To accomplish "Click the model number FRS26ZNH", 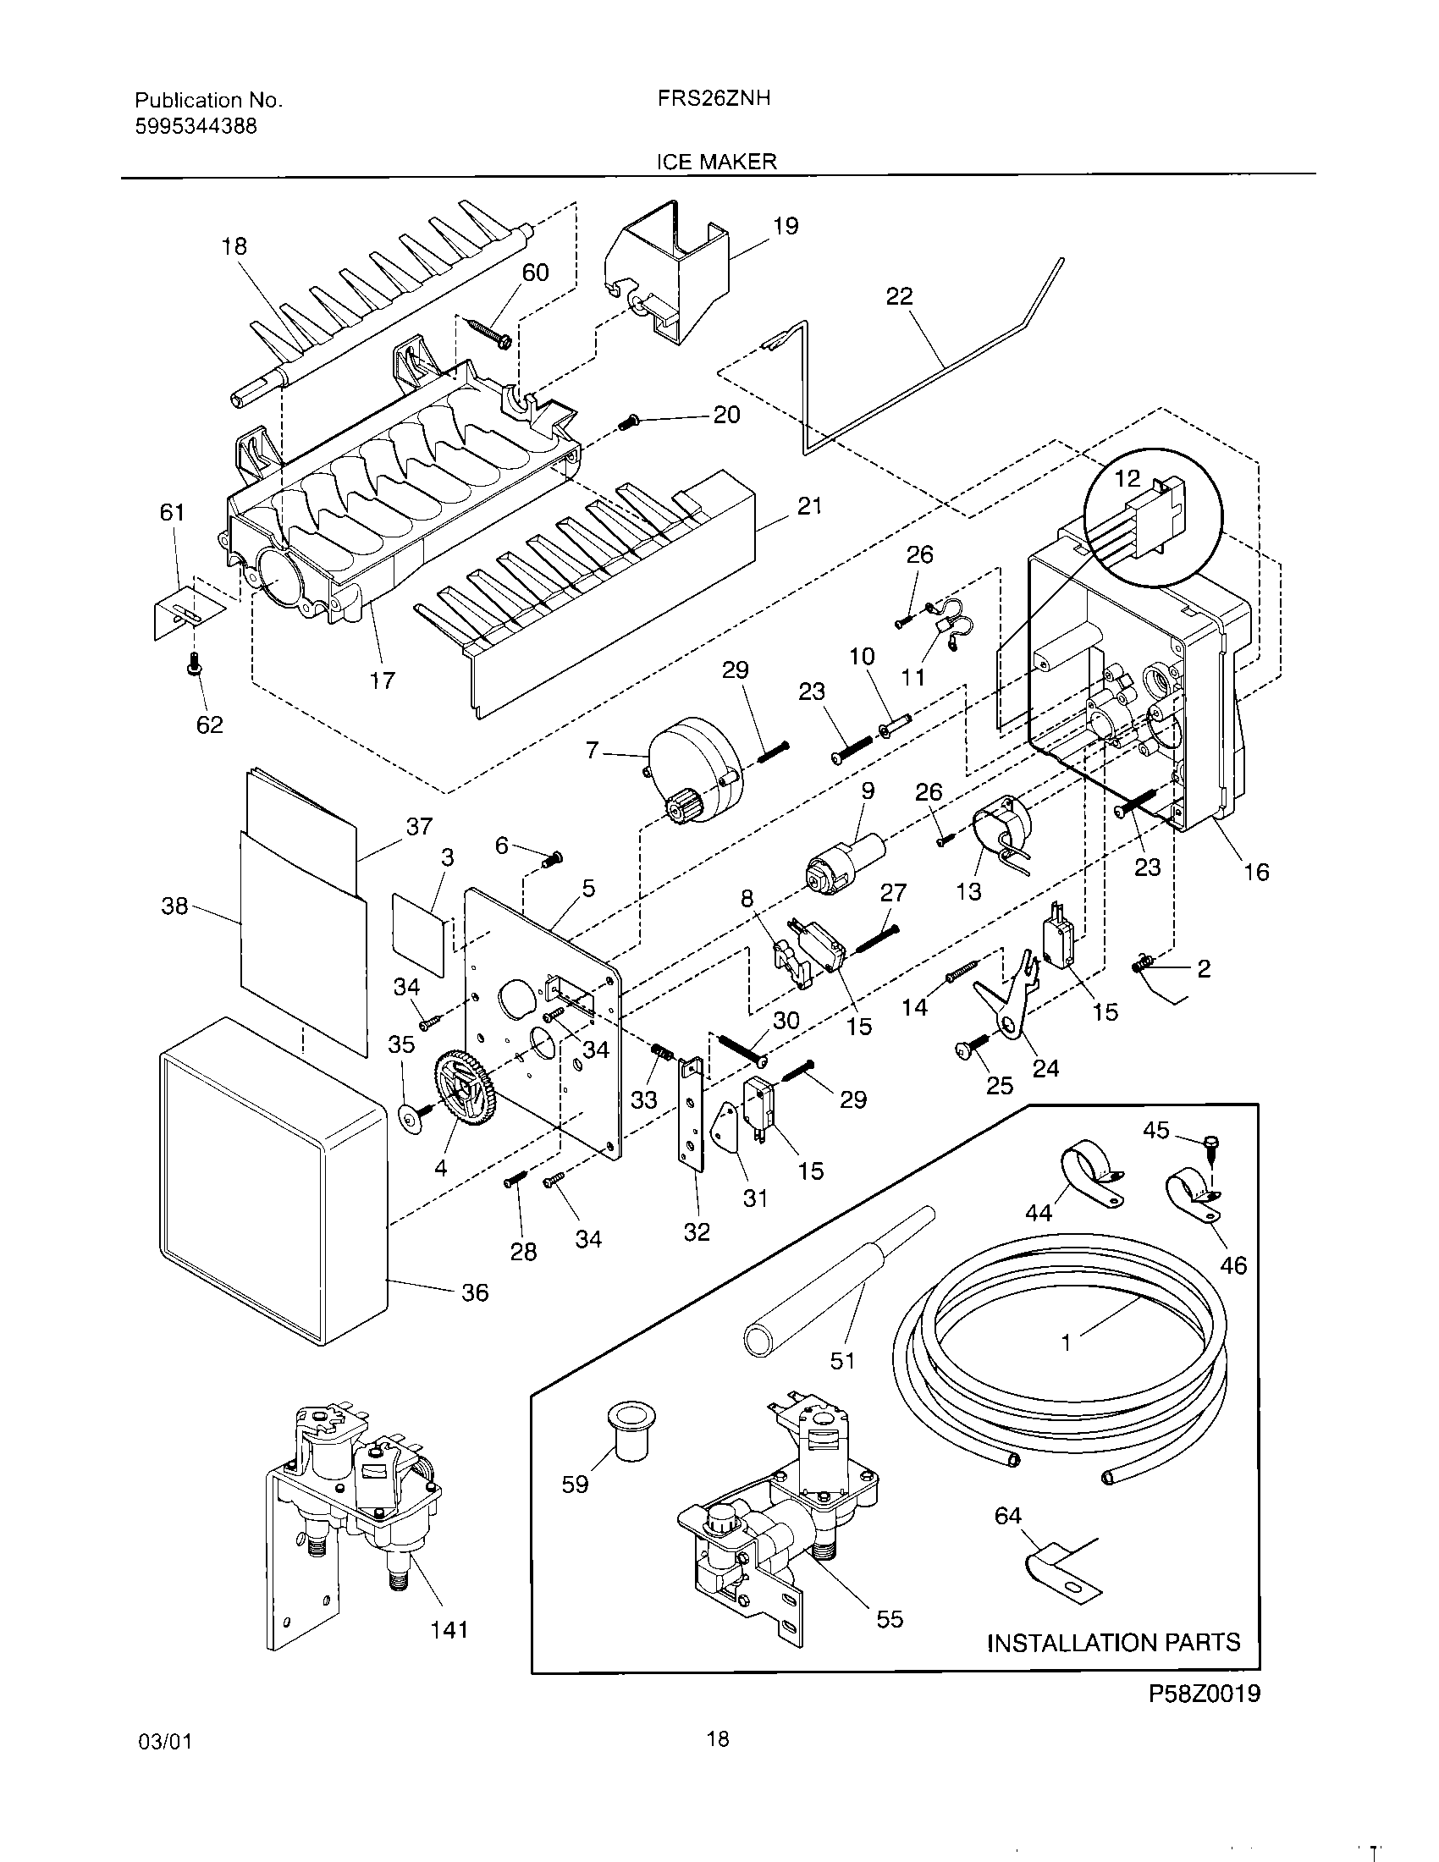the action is pyautogui.click(x=714, y=98).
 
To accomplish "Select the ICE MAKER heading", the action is pyautogui.click(x=716, y=161).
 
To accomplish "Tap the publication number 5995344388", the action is pyautogui.click(x=196, y=127).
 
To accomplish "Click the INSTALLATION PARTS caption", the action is pyautogui.click(x=1113, y=1642).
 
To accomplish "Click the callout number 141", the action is pyautogui.click(x=449, y=1629).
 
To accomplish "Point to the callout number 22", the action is pyautogui.click(x=899, y=296).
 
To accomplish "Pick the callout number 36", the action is pyautogui.click(x=475, y=1292).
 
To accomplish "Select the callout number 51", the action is pyautogui.click(x=842, y=1361).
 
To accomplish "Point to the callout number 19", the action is pyautogui.click(x=786, y=226).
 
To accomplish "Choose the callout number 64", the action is pyautogui.click(x=1007, y=1515).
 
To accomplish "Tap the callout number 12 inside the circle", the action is pyautogui.click(x=1127, y=479).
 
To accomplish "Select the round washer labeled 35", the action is pyautogui.click(x=411, y=1117).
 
